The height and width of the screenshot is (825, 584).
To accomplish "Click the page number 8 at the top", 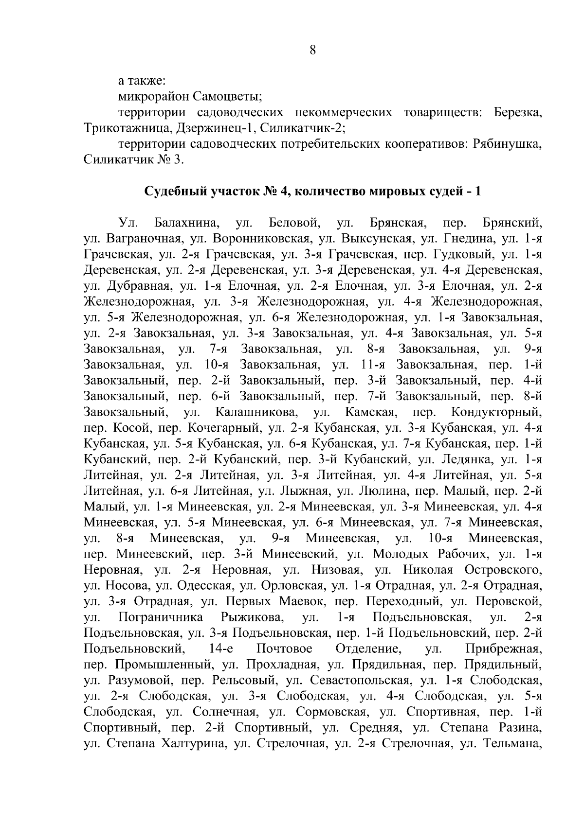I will (x=312, y=50).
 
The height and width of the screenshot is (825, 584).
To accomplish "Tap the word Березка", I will (x=518, y=113).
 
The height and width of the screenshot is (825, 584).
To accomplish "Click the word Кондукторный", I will (x=496, y=413).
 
